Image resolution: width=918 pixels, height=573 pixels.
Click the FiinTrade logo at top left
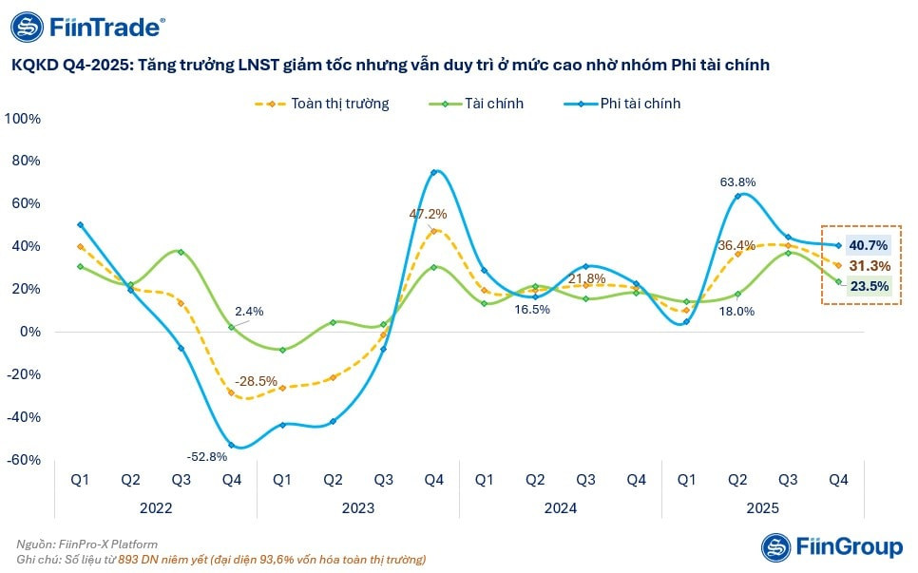tap(87, 27)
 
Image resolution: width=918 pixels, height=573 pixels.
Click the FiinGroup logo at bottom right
tap(832, 547)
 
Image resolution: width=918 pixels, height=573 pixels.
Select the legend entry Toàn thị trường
tap(321, 104)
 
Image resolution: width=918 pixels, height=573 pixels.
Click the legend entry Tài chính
tap(476, 104)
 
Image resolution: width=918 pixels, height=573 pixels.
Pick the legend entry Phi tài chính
tap(622, 104)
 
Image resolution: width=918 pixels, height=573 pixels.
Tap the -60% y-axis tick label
tap(24, 460)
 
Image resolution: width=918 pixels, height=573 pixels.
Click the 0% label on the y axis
tap(30, 332)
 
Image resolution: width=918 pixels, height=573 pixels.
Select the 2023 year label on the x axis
tap(357, 507)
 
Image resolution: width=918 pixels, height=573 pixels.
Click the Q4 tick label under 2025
tap(838, 480)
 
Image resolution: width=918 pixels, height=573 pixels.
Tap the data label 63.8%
tap(737, 182)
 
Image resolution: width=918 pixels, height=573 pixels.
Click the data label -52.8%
tap(206, 456)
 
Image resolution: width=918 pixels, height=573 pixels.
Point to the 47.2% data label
tap(428, 214)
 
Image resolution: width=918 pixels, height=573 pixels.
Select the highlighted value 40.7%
tap(869, 245)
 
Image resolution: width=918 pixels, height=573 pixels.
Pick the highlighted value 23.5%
tap(869, 286)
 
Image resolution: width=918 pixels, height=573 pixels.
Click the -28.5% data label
tap(256, 381)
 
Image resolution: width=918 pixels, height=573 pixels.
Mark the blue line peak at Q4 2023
tap(434, 172)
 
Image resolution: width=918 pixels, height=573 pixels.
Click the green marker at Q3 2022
tap(181, 252)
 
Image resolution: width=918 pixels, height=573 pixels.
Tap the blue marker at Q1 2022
tap(80, 225)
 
